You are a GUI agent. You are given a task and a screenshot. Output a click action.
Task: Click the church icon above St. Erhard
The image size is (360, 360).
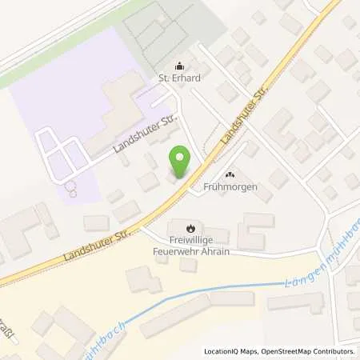click(178, 67)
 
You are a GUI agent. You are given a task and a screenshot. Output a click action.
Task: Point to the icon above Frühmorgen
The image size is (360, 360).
click(231, 174)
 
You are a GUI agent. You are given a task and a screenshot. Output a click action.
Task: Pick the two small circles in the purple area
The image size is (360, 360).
click(72, 189)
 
